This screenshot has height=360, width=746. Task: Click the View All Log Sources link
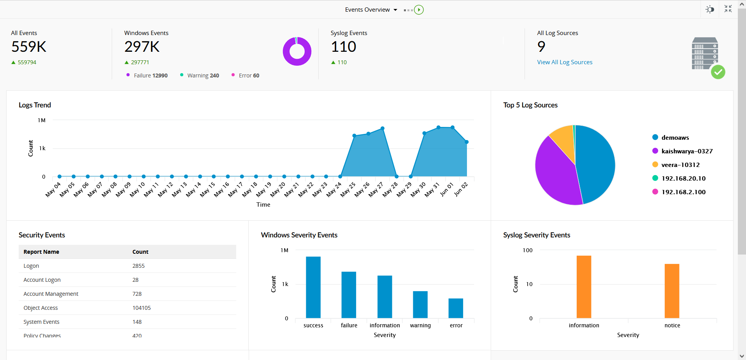(564, 62)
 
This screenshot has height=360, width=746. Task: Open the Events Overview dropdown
(371, 10)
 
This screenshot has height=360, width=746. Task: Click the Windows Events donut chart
(297, 51)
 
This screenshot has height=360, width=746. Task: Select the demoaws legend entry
(675, 137)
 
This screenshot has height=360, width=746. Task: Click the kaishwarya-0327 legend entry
(686, 151)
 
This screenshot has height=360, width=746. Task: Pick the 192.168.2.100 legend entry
(683, 192)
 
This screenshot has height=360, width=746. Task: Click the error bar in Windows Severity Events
(456, 308)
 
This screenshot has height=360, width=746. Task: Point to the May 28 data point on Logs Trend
(397, 176)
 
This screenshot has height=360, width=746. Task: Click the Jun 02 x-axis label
(461, 189)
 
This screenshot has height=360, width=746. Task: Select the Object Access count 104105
(141, 308)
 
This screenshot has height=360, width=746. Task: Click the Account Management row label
(51, 294)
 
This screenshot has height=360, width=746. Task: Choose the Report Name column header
(41, 252)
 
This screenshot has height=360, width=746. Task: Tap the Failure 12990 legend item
(150, 76)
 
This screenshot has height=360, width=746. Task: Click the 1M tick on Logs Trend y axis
(42, 120)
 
